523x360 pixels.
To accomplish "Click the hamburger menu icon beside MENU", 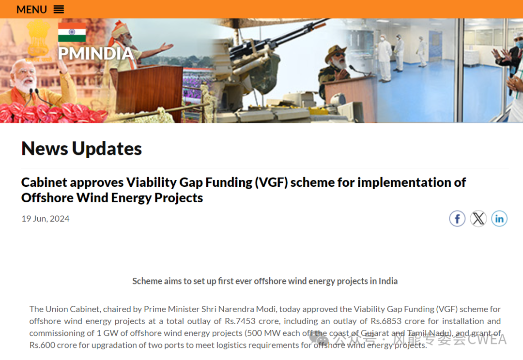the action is pyautogui.click(x=59, y=9).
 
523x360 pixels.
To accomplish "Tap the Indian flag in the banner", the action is pyautogui.click(x=72, y=32).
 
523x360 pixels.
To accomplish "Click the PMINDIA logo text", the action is pyautogui.click(x=96, y=53).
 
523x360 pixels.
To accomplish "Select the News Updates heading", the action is pyautogui.click(x=81, y=149).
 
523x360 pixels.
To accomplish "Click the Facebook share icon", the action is pyautogui.click(x=457, y=219).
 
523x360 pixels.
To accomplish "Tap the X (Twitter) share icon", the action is pyautogui.click(x=478, y=219).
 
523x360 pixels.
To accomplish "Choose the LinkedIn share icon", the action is pyautogui.click(x=499, y=219).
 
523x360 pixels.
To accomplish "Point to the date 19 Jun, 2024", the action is pyautogui.click(x=46, y=219).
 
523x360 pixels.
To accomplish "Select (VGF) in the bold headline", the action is pyautogui.click(x=271, y=182).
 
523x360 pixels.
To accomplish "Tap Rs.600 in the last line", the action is pyautogui.click(x=42, y=345).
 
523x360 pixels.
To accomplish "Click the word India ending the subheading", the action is pyautogui.click(x=388, y=281).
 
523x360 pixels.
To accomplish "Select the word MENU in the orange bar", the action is pyautogui.click(x=31, y=9).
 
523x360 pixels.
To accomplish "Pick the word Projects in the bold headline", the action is pyautogui.click(x=178, y=198).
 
